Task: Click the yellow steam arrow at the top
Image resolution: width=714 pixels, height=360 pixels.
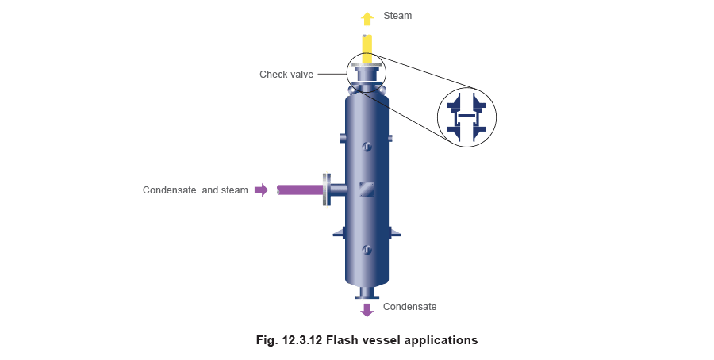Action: point(367,19)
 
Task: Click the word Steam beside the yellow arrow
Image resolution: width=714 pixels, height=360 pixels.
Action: point(397,16)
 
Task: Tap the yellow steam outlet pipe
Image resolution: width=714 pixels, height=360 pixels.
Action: point(367,49)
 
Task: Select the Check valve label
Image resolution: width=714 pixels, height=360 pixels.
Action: point(286,75)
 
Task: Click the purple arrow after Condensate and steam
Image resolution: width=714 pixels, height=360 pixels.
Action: point(261,190)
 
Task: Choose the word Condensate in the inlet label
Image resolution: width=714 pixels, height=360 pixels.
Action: point(170,190)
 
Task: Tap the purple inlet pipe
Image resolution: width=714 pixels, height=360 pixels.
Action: point(301,190)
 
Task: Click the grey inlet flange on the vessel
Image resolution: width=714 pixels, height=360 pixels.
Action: point(327,190)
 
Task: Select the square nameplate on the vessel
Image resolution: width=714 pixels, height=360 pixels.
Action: point(367,190)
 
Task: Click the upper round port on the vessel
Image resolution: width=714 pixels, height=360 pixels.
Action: point(367,147)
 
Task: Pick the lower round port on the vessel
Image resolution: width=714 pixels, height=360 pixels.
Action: point(367,250)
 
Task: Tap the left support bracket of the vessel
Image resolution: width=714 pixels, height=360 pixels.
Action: point(340,232)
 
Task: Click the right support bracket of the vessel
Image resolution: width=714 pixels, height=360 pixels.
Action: point(394,232)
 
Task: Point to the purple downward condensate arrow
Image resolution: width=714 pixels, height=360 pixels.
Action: point(367,310)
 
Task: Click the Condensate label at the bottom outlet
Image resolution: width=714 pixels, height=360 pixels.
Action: point(410,307)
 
